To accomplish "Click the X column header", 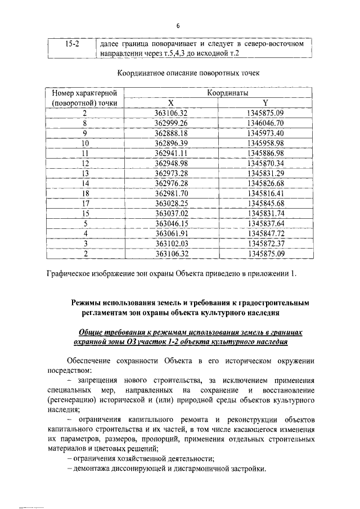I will tap(171, 103).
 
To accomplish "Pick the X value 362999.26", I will tap(170, 123).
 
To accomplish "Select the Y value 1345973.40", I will tap(265, 133).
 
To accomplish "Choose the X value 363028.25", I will tap(170, 203).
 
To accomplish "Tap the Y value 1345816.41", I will tap(265, 193).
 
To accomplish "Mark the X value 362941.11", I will tap(170, 153).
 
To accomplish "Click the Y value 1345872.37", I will tap(265, 243).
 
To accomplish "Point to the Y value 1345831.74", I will tap(265, 213).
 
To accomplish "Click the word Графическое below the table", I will tap(71, 274).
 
